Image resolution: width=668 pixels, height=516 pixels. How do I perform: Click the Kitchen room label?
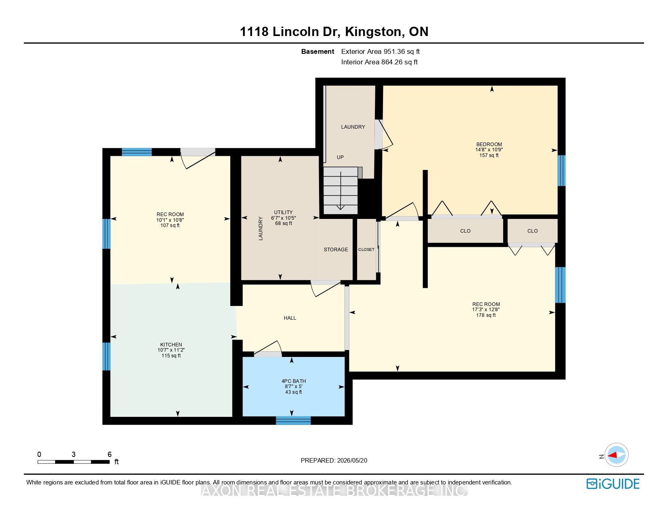coord(171,344)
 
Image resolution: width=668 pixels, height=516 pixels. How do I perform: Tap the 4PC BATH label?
coord(294,381)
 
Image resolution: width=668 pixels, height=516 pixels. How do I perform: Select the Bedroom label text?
coord(489,144)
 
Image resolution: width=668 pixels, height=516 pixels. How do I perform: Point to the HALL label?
coord(289,318)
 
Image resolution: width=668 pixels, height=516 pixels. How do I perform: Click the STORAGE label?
coord(336,249)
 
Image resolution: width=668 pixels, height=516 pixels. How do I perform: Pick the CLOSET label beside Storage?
coord(366,249)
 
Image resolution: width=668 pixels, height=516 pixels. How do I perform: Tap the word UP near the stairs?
coord(340,157)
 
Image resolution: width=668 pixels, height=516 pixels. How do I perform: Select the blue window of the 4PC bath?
coord(293,420)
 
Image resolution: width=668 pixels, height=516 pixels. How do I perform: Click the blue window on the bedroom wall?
coord(561,170)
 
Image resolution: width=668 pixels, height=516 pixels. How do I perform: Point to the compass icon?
coord(616,455)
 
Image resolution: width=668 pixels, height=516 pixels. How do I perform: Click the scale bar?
coord(73,462)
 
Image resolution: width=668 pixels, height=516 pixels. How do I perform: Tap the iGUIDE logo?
coord(613,484)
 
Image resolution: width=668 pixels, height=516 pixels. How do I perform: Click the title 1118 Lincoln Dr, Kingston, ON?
coord(334,31)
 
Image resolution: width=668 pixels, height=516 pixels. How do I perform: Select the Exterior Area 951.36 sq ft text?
coord(380,51)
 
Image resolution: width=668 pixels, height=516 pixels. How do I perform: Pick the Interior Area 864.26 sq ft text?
coord(379,62)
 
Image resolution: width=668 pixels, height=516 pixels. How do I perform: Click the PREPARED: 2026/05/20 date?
coord(334,461)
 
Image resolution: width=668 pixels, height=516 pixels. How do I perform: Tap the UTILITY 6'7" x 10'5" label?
coord(283,215)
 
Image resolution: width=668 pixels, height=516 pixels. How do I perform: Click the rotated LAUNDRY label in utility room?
coord(260,228)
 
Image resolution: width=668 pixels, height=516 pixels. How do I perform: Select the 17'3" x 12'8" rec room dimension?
coord(486,310)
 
